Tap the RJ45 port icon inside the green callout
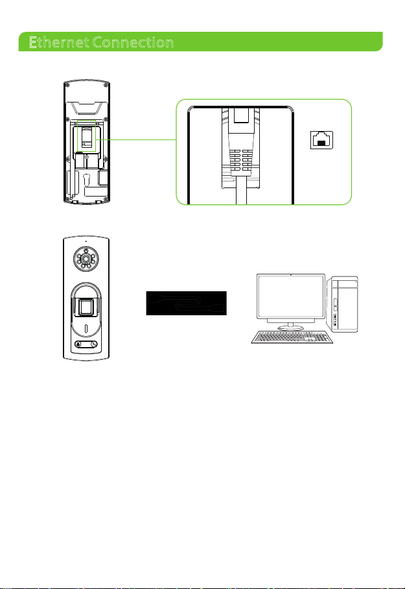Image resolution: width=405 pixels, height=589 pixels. [321, 140]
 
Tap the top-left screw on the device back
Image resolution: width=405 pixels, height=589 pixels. [65, 84]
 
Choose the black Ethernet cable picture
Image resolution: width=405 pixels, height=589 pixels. [187, 303]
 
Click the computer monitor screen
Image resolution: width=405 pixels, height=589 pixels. [291, 297]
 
